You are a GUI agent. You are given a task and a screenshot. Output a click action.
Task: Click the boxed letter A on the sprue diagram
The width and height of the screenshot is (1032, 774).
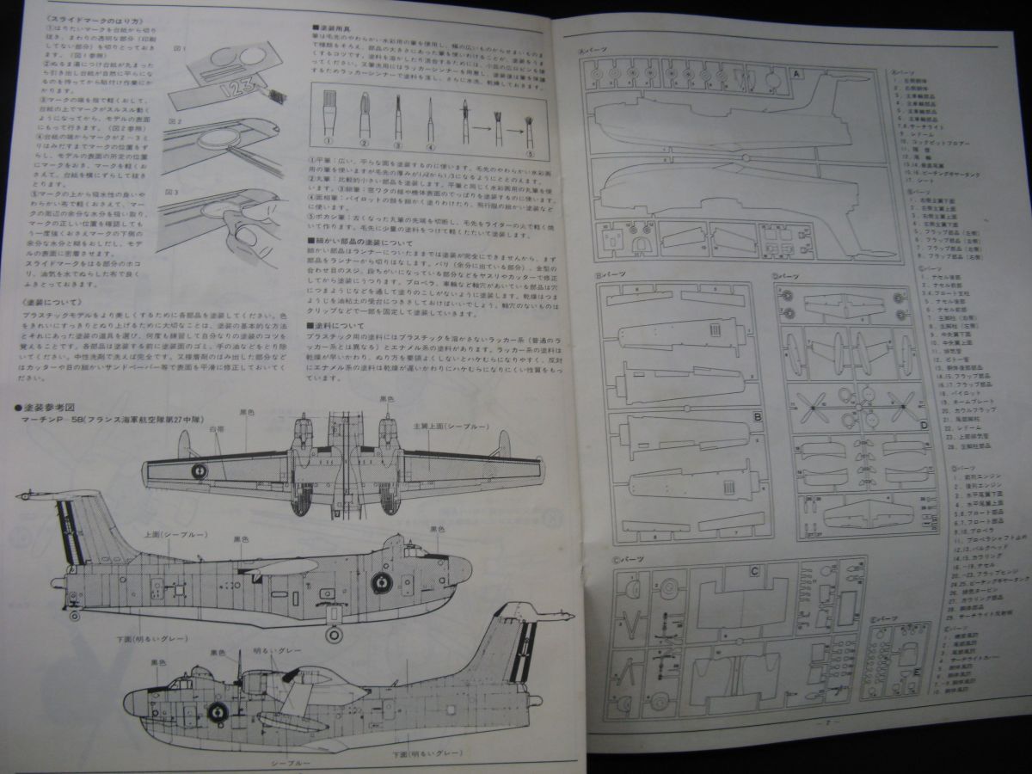click(796, 75)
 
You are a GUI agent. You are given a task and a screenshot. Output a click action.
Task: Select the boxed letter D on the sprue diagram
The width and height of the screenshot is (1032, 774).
click(923, 423)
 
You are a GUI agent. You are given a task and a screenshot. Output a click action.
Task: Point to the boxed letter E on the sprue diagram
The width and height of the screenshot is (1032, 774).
click(917, 672)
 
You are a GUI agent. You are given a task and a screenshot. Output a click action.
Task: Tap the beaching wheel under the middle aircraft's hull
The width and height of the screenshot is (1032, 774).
click(332, 635)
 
